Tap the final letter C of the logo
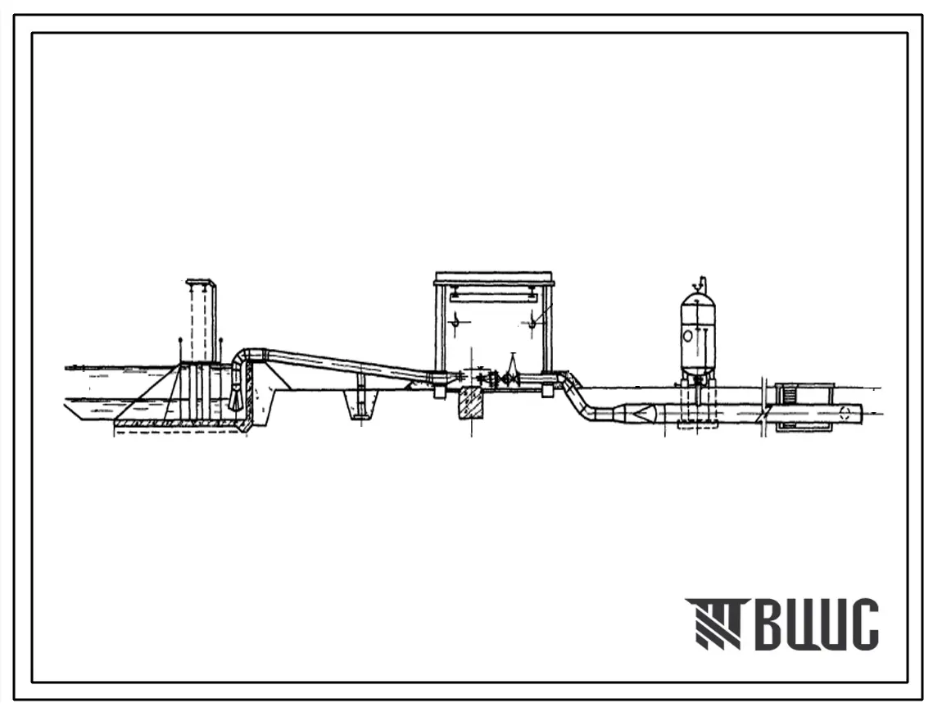(x=863, y=624)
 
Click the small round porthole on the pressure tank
(x=688, y=335)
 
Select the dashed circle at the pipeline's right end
(x=845, y=413)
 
